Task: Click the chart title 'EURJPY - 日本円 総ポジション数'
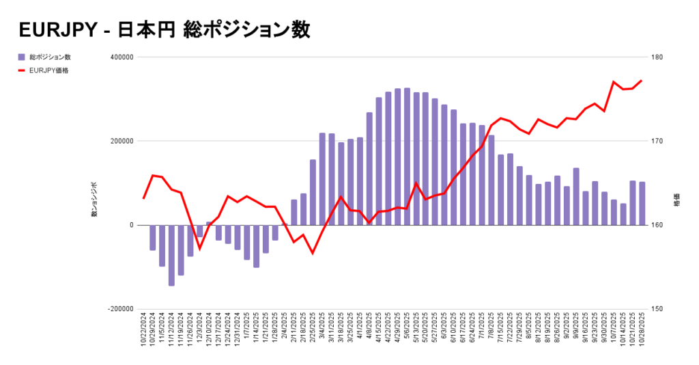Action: click(164, 30)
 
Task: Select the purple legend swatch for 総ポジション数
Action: click(22, 57)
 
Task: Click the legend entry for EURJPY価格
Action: click(48, 70)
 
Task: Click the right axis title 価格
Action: click(676, 204)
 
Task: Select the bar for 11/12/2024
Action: click(171, 255)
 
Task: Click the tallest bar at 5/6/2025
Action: click(407, 157)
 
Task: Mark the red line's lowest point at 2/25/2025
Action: click(313, 254)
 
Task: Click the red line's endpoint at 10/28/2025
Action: click(642, 81)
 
